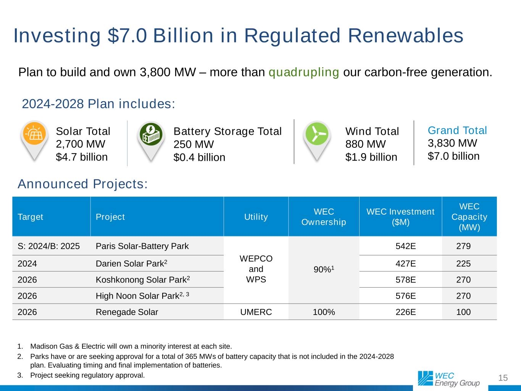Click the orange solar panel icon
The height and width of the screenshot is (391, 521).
[34, 134]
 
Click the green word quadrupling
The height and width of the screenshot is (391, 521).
[304, 72]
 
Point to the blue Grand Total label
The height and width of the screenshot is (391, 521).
[457, 131]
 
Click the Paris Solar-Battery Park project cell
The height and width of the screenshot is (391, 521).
[142, 246]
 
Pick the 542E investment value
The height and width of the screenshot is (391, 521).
[406, 246]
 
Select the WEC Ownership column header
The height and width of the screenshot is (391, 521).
[324, 217]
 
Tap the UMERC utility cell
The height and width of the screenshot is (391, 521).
[256, 312]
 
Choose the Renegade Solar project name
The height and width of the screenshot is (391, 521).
[127, 312]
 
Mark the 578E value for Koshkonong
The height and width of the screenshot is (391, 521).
[406, 280]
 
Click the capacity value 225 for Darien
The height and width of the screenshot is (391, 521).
[463, 264]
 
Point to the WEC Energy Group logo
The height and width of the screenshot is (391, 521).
[448, 378]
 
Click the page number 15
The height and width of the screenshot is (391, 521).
[503, 378]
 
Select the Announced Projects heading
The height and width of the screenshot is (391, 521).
[82, 184]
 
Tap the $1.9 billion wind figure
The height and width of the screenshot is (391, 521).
[371, 157]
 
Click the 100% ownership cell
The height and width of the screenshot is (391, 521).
[324, 312]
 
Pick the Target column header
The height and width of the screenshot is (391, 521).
[31, 217]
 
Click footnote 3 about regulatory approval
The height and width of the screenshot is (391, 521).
[87, 375]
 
